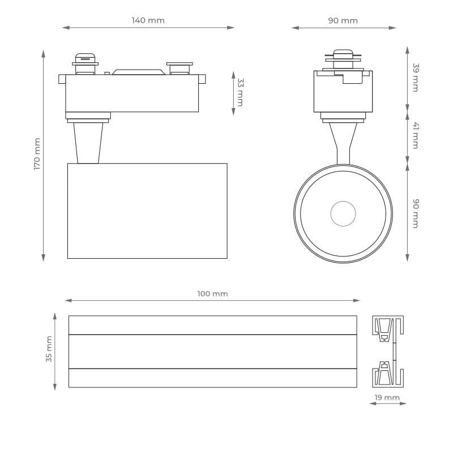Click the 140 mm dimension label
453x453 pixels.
click(148, 20)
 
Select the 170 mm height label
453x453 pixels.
click(37, 154)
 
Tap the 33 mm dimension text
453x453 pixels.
click(240, 92)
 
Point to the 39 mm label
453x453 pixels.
click(415, 78)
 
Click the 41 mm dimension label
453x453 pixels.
click(415, 135)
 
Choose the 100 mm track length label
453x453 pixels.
click(212, 294)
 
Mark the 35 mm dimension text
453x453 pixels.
click(49, 349)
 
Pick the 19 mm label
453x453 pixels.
click(387, 398)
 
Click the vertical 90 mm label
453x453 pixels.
click(415, 213)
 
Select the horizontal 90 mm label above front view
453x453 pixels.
click(343, 21)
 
